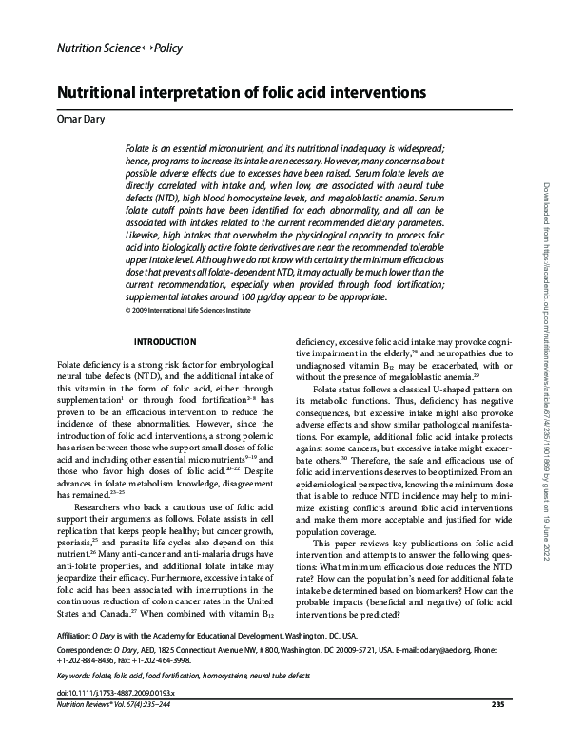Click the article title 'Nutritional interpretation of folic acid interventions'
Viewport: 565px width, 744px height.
click(243, 95)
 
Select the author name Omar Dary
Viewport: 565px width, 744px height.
click(80, 120)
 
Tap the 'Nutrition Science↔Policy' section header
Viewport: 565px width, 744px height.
click(121, 48)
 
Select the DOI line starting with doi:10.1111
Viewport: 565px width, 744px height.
click(109, 717)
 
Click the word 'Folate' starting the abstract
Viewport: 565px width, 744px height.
click(139, 151)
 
